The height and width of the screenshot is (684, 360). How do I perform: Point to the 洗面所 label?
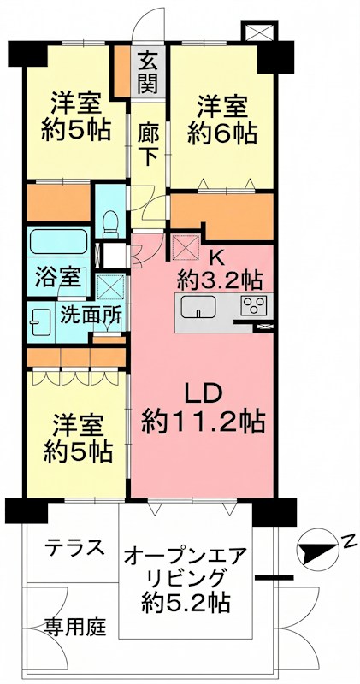coord(90,314)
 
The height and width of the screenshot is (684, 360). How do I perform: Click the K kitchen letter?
coord(218,256)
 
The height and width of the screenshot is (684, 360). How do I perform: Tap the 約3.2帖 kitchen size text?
coord(220,280)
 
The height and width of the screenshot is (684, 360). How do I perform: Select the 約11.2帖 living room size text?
coord(203,422)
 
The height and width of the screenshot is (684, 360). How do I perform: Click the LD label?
coord(204,392)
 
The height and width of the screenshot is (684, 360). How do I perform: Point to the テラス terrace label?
coord(74,546)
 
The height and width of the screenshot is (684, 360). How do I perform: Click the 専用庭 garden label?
coord(74,628)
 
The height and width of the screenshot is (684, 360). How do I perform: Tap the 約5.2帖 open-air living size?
coord(186,602)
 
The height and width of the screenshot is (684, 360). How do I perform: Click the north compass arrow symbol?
coord(316,547)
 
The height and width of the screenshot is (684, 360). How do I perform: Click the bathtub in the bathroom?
coord(58,241)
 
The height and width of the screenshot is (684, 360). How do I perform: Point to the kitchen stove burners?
coord(254,306)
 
